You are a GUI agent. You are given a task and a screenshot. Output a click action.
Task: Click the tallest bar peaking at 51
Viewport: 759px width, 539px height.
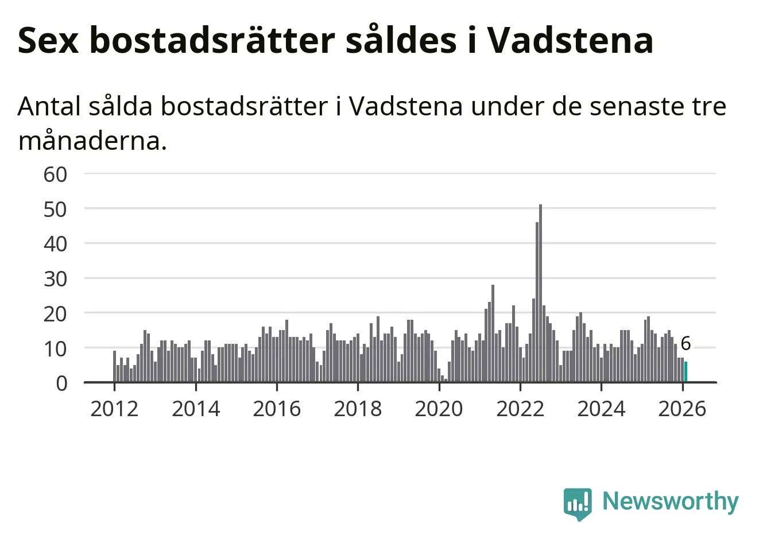click(540, 293)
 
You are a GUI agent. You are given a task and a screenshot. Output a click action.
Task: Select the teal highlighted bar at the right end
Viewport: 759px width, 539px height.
click(686, 371)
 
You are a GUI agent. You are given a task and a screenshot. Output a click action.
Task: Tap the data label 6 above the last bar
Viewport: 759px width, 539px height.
click(686, 344)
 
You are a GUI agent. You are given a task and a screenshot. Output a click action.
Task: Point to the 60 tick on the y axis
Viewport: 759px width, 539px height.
click(56, 174)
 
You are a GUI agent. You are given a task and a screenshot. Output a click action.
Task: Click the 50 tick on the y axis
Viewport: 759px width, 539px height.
click(56, 209)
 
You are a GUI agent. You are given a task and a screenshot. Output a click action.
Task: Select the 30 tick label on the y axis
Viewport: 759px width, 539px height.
click(56, 279)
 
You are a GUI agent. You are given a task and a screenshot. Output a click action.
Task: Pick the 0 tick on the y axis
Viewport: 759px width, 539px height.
click(62, 383)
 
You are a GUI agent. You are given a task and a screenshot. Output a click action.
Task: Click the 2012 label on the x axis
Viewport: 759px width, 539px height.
click(114, 409)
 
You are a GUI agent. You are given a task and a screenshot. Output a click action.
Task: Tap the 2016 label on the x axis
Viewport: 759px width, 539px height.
click(277, 409)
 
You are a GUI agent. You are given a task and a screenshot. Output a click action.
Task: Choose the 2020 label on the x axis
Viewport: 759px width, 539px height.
click(439, 409)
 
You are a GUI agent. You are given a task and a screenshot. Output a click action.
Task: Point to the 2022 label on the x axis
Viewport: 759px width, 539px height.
click(520, 409)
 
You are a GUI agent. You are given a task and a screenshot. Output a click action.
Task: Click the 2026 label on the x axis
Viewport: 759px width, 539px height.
click(682, 409)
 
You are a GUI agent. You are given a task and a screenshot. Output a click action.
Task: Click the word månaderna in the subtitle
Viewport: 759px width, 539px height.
click(92, 141)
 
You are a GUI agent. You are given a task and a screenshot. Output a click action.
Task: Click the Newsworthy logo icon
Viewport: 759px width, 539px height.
click(577, 503)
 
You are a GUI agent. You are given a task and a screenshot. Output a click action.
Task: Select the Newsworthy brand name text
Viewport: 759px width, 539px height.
click(671, 502)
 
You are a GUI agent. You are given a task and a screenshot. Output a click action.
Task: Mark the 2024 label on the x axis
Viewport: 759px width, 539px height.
click(601, 409)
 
